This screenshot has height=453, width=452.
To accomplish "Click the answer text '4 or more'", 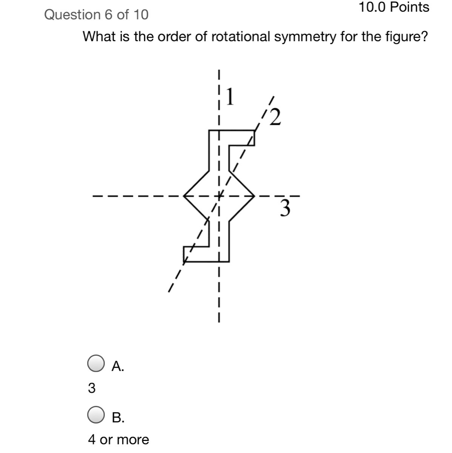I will (x=118, y=439).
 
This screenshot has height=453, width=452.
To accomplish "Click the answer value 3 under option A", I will (x=92, y=388).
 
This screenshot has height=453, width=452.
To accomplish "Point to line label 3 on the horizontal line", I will (x=286, y=208).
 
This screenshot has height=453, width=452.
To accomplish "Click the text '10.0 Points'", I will (x=394, y=7).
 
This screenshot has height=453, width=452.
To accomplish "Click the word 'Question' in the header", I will (x=71, y=15).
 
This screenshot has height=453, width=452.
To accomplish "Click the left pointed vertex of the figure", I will (x=183, y=196).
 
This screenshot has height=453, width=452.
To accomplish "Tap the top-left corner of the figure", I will (x=209, y=131).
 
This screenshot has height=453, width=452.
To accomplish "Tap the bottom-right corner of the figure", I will (x=228, y=261).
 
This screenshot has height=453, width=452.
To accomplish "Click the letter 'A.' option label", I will (x=118, y=366).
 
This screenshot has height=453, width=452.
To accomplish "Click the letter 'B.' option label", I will (x=118, y=418).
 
